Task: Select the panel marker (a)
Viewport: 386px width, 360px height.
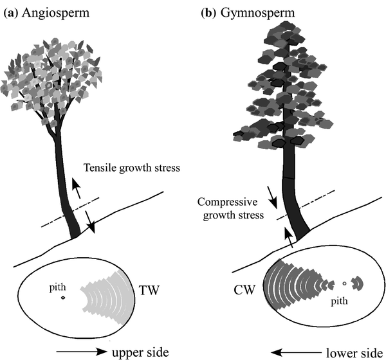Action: tap(12, 11)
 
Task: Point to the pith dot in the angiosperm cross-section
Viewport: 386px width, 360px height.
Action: tap(63, 298)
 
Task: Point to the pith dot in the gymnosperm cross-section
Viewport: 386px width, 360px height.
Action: tap(345, 284)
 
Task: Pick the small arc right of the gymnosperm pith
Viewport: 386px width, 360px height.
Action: tap(358, 283)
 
